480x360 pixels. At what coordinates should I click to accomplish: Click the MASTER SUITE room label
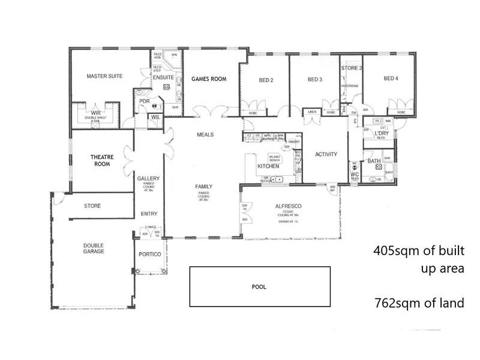104,76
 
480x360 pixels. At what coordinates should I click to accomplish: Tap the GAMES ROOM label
208,79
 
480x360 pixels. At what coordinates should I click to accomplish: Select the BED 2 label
266,80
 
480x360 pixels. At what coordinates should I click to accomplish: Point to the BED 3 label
315,80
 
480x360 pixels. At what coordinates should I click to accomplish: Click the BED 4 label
391,79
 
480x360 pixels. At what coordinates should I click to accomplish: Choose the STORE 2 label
352,68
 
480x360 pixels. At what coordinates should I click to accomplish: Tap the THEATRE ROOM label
103,160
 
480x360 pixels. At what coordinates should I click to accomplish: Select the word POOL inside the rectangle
259,287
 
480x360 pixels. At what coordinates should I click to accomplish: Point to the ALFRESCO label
288,206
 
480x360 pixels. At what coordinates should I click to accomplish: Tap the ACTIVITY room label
326,154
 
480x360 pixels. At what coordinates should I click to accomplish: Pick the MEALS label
205,135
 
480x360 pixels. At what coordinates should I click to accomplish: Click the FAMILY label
204,187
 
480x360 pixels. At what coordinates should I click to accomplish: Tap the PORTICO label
150,254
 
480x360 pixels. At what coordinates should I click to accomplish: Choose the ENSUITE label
163,78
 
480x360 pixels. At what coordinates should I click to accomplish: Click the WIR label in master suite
96,113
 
